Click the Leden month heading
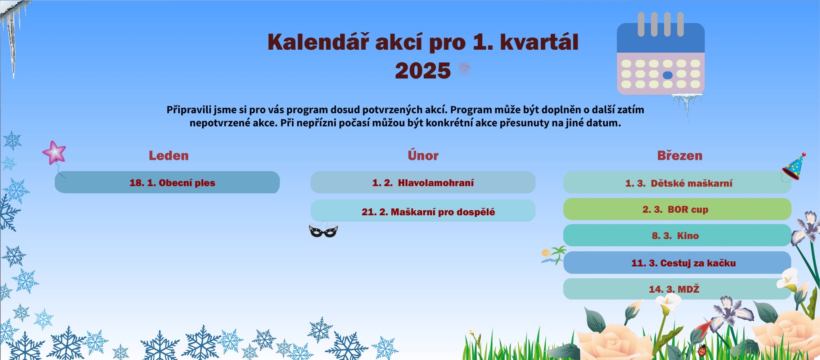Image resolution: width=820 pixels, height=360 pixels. [169, 156]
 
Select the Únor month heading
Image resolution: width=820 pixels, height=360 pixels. [423, 155]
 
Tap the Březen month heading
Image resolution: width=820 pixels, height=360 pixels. [680, 155]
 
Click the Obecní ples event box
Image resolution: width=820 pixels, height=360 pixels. [167, 182]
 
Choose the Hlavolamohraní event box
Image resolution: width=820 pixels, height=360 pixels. [423, 183]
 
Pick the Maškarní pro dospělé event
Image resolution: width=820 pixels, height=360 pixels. [423, 211]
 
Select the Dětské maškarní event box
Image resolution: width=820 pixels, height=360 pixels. [677, 183]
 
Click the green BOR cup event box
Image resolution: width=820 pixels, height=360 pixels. [677, 209]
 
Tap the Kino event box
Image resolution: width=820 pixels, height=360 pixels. [677, 235]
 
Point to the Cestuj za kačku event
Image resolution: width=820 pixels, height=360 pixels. [677, 262]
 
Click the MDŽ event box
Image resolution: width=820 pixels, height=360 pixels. [677, 289]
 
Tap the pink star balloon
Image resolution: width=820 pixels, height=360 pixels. [54, 153]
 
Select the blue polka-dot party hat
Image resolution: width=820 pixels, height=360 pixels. [794, 167]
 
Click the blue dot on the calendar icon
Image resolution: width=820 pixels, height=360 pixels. [668, 75]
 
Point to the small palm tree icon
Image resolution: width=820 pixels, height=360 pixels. [554, 255]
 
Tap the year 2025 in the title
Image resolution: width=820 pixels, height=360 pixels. [423, 71]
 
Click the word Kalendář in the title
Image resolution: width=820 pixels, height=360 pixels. [319, 42]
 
